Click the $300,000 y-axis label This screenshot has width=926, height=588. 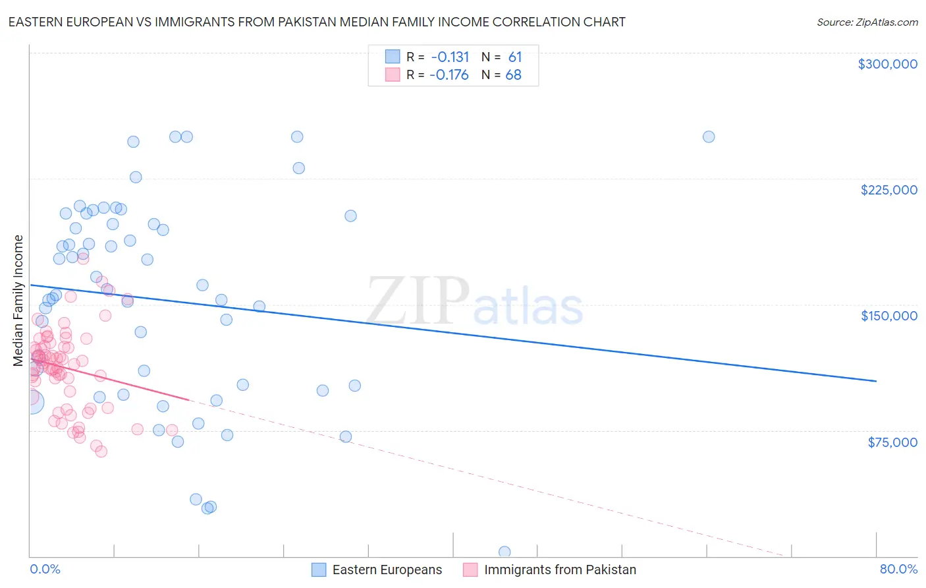[x=887, y=64]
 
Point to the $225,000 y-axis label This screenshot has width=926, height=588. [x=888, y=190]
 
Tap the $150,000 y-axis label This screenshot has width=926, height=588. [x=888, y=316]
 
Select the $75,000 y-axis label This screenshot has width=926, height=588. [x=892, y=442]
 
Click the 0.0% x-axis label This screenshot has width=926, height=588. [x=45, y=569]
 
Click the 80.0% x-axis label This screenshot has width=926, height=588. [x=898, y=569]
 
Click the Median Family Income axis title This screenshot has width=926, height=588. [x=18, y=301]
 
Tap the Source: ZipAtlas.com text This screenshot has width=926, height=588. [x=867, y=22]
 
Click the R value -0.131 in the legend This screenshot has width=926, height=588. [x=450, y=57]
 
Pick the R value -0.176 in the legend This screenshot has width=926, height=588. [x=449, y=75]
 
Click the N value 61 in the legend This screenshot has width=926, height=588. [x=515, y=57]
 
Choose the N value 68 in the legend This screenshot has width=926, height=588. [x=514, y=75]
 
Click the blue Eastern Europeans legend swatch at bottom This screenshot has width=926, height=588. [x=319, y=570]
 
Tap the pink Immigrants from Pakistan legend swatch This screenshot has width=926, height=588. [x=470, y=570]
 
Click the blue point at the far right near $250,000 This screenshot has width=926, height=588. [x=709, y=137]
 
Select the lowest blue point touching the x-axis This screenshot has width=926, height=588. [x=504, y=552]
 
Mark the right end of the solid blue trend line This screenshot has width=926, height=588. [x=876, y=381]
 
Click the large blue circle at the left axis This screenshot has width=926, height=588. [x=31, y=401]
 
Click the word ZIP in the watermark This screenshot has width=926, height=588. [x=418, y=301]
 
